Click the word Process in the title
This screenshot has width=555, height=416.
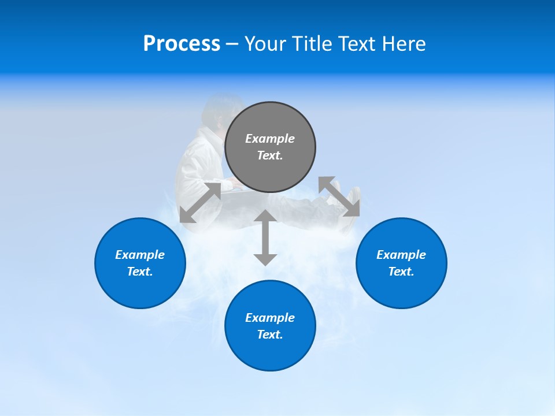(x=182, y=44)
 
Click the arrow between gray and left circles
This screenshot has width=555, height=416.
(x=201, y=202)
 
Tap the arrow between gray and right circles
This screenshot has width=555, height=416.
(x=339, y=196)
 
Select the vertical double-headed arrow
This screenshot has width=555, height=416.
(x=265, y=237)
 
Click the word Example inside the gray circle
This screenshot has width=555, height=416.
(x=270, y=139)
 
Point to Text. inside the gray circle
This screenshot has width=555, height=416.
(x=270, y=155)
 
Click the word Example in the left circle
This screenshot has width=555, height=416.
(x=140, y=255)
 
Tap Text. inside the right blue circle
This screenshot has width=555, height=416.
(x=401, y=272)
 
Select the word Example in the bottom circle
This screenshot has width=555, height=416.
(x=270, y=318)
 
